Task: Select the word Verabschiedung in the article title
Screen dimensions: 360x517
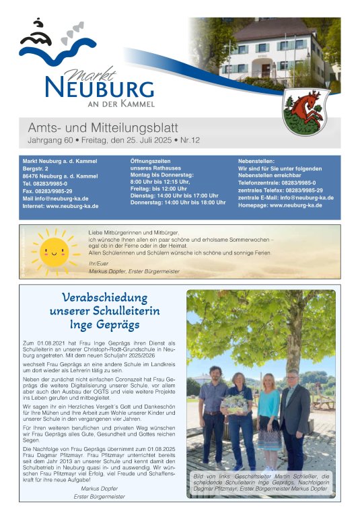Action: point(104,298)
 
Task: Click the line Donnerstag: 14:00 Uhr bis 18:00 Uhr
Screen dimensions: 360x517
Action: point(178,203)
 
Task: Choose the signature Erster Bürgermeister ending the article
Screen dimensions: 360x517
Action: point(99,497)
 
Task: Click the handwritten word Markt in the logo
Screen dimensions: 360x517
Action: point(87,69)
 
